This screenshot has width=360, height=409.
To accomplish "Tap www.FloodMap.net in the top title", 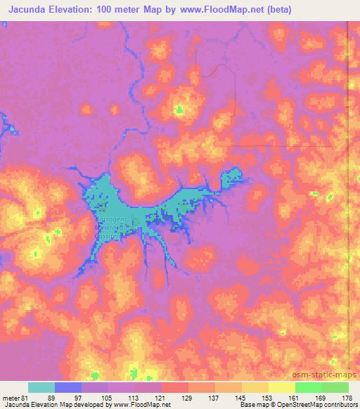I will pyautogui.click(x=220, y=10).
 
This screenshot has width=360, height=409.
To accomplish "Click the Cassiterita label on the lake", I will pyautogui.click(x=108, y=237).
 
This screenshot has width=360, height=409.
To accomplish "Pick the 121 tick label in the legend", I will pyautogui.click(x=161, y=397).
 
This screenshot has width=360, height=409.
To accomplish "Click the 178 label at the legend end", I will pyautogui.click(x=347, y=397).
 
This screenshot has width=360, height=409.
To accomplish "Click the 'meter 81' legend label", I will pyautogui.click(x=15, y=397).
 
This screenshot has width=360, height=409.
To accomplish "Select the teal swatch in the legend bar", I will pyautogui.click(x=41, y=387).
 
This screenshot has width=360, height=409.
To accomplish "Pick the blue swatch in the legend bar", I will pyautogui.click(x=68, y=387).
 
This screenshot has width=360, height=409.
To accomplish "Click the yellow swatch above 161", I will pyautogui.click(x=281, y=387).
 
